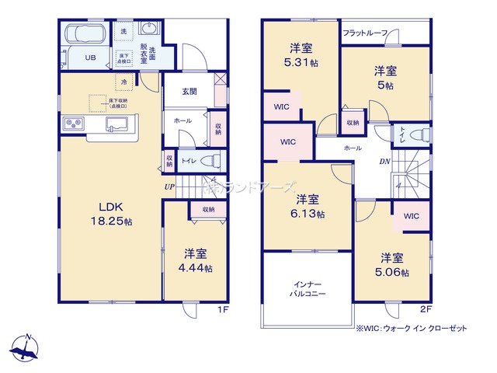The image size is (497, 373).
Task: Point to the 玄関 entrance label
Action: [189, 92]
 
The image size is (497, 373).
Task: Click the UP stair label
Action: [169, 187]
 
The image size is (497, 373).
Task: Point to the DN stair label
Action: [384, 162]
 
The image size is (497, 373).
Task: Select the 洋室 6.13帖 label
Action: [308, 206]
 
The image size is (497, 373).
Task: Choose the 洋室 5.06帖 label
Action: [392, 264]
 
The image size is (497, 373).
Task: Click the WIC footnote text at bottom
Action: [412, 329]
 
